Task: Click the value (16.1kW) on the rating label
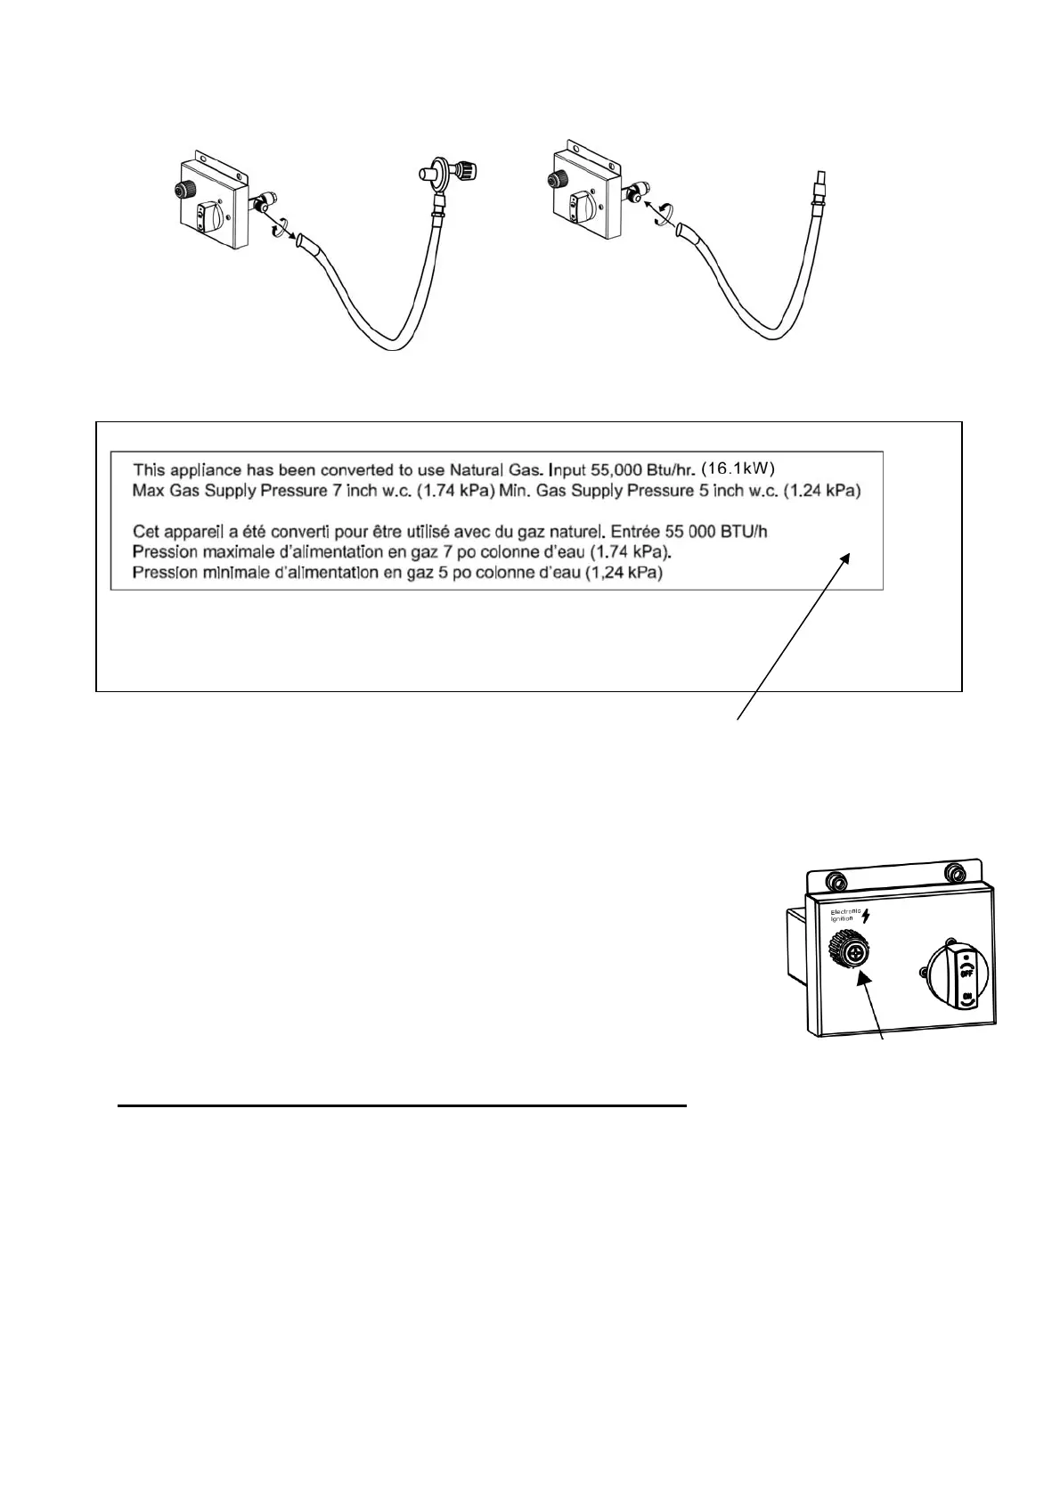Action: pos(740,467)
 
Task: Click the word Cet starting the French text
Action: pos(146,532)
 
